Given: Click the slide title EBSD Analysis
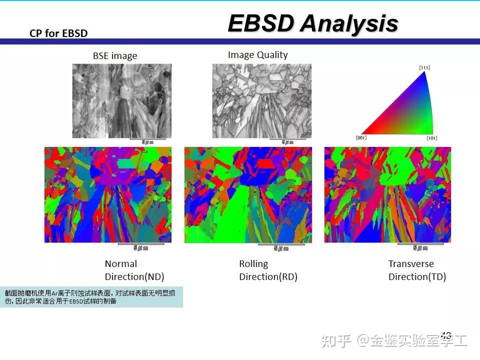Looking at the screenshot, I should [x=312, y=23].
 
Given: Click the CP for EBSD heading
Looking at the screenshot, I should [x=58, y=33].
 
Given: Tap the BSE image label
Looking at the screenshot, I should [x=114, y=56].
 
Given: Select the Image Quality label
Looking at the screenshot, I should [x=257, y=55].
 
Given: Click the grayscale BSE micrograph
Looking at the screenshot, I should [x=121, y=100].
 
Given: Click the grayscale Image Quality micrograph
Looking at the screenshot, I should [x=261, y=100].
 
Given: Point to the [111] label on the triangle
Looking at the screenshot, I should [x=424, y=67].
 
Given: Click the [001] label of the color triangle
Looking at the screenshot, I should [x=361, y=137].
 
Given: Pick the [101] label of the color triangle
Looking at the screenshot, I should [x=432, y=137].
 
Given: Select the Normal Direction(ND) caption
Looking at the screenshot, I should [x=134, y=270].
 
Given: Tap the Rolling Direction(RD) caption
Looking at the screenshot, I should [x=268, y=270].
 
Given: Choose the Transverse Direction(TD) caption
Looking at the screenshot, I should [x=417, y=270].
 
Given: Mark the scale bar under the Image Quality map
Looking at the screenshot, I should [x=287, y=139].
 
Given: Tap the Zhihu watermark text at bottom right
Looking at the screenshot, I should [x=395, y=341].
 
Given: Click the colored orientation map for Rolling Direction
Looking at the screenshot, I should [x=248, y=195].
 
